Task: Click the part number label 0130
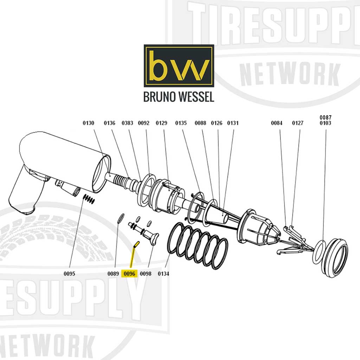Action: point(88,123)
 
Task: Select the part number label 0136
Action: point(109,123)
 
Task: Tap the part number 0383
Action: point(127,123)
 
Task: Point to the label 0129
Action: point(161,123)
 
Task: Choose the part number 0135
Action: point(181,123)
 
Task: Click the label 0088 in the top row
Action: point(200,123)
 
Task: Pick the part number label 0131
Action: point(233,123)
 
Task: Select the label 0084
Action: point(277,123)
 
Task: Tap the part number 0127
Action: point(298,123)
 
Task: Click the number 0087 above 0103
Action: point(325,117)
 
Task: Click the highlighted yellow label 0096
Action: point(129,274)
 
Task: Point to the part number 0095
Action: point(69,274)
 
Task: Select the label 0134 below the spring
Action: point(163,274)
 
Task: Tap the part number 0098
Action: point(146,274)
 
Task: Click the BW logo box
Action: point(179,66)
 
